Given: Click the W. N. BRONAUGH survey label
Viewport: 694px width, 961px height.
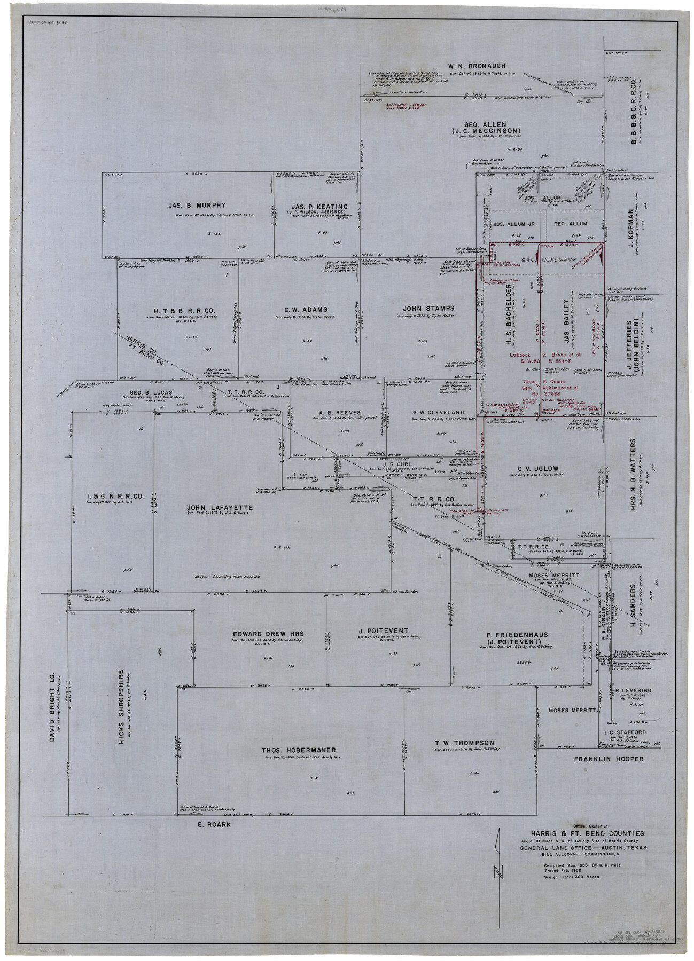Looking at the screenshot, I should click(x=477, y=66).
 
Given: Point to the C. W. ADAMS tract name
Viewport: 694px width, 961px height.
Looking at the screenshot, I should click(x=306, y=309).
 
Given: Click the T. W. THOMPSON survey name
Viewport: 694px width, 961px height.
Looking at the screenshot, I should click(x=464, y=743).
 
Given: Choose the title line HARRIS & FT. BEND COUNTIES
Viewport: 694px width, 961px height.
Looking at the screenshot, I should click(x=587, y=833).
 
